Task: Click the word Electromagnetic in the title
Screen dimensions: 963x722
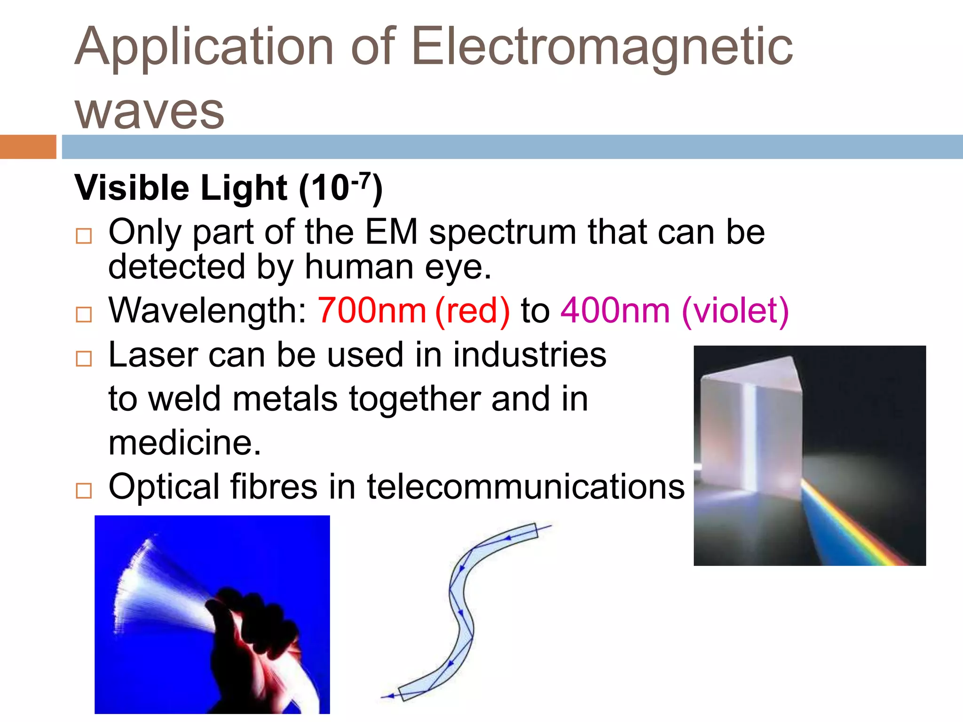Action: (x=602, y=47)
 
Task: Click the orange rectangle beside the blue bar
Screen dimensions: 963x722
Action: (x=28, y=147)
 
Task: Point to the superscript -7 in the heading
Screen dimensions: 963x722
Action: (x=361, y=180)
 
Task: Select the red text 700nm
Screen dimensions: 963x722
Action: (x=371, y=311)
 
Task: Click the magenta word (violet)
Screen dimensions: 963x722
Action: (x=735, y=311)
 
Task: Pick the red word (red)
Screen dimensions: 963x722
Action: (x=472, y=311)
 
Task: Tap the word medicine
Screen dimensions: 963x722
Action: (x=184, y=443)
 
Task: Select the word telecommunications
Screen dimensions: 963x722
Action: (x=525, y=487)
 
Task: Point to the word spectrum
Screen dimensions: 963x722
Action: (x=502, y=232)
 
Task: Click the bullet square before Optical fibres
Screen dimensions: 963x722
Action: (x=84, y=491)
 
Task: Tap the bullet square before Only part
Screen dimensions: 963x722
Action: (x=84, y=235)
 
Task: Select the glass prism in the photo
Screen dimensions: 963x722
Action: (x=752, y=423)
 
